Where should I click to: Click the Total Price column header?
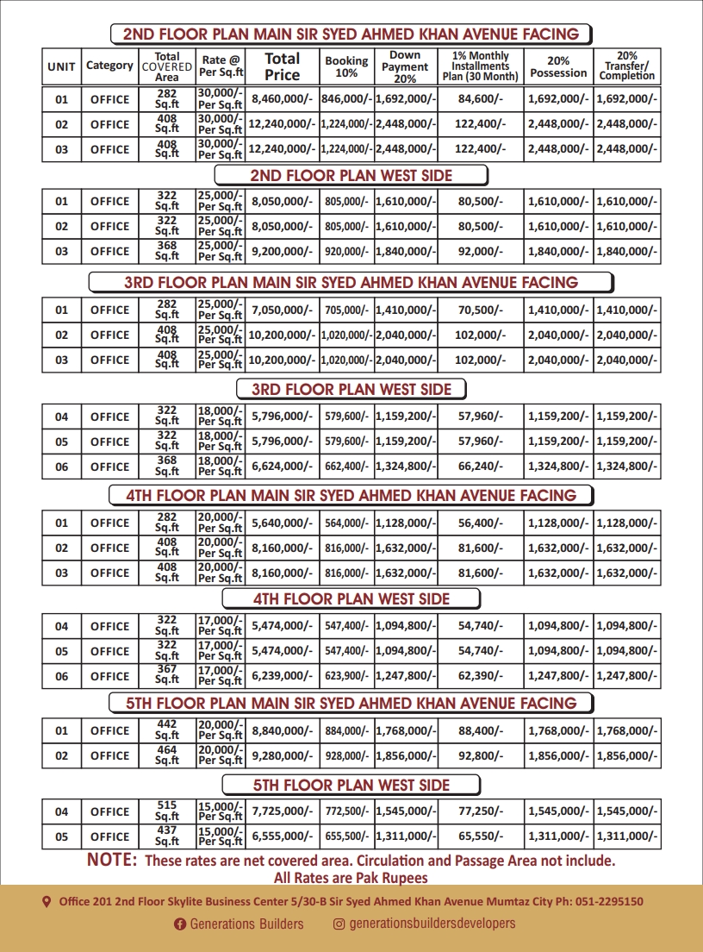click(x=282, y=66)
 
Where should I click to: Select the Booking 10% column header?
click(x=346, y=66)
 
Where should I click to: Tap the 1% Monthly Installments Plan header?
click(x=481, y=66)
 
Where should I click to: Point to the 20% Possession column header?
click(x=558, y=66)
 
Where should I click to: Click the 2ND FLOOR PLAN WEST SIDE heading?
click(x=351, y=175)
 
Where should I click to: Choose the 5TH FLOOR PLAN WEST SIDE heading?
click(x=351, y=785)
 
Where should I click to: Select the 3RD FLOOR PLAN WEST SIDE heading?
click(x=351, y=390)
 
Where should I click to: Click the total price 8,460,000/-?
click(x=282, y=99)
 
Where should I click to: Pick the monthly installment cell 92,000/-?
click(x=481, y=251)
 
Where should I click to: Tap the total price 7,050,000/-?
click(x=282, y=310)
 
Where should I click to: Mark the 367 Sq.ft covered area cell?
click(x=166, y=676)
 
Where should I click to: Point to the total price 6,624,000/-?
click(x=282, y=467)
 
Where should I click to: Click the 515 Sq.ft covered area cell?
click(x=166, y=811)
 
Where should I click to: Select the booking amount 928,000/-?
click(x=346, y=755)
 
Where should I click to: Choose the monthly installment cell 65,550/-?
click(x=481, y=836)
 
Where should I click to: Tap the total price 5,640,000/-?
click(x=282, y=523)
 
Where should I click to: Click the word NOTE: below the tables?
click(x=112, y=861)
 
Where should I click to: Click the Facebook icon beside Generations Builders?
click(x=180, y=924)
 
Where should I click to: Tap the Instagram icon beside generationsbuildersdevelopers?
click(x=339, y=924)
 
